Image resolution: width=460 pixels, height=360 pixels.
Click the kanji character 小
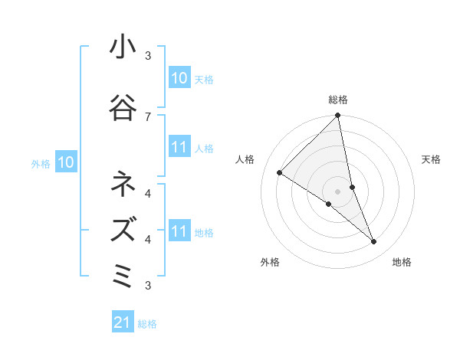tap(123, 49)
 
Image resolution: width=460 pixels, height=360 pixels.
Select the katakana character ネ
tap(123, 184)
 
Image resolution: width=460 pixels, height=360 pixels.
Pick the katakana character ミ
tap(123, 274)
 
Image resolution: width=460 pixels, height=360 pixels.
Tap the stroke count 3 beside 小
tap(148, 56)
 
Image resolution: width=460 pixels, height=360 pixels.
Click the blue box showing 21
tap(122, 323)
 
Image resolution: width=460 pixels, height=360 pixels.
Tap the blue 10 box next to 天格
tap(179, 78)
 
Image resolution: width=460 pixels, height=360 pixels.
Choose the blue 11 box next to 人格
tap(179, 148)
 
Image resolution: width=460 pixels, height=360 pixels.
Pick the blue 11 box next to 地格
tap(179, 232)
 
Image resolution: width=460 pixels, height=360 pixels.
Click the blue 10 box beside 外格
tap(65, 162)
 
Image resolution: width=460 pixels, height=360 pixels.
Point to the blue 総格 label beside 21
tap(147, 324)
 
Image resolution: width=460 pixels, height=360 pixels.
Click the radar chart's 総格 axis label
tap(338, 100)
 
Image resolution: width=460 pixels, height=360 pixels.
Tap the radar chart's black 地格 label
tap(402, 262)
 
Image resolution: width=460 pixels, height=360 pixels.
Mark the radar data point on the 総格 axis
tap(338, 116)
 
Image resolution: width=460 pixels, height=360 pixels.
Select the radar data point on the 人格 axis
tap(280, 173)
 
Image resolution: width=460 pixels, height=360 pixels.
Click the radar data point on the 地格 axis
tap(374, 242)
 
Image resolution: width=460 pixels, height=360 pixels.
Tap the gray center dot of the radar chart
tap(338, 191)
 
